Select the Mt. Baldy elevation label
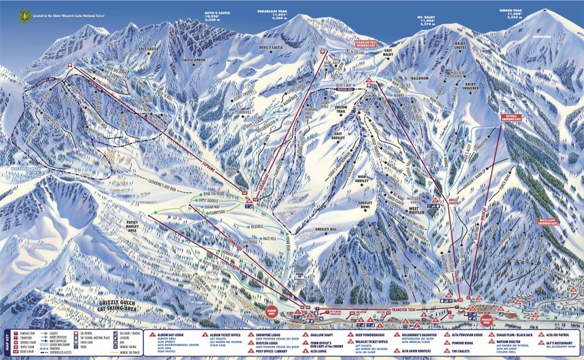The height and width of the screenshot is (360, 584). (x=426, y=20)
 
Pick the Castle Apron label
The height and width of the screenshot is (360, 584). (x=194, y=60)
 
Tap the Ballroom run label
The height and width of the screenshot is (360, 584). (x=420, y=79)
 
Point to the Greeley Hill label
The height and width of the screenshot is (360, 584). (x=326, y=230)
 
